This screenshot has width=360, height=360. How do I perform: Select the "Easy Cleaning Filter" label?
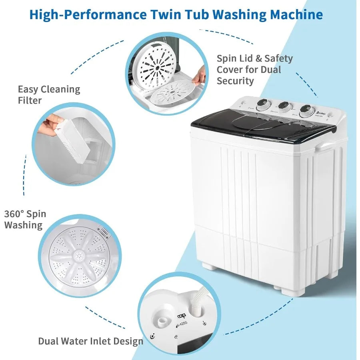tap(49, 95)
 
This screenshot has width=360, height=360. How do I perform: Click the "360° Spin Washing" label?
tap(25, 219)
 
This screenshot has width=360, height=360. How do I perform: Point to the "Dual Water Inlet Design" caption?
tap(90, 341)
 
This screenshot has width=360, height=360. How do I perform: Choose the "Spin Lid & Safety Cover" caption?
tap(254, 70)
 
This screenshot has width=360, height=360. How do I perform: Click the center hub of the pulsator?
tap(77, 256)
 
